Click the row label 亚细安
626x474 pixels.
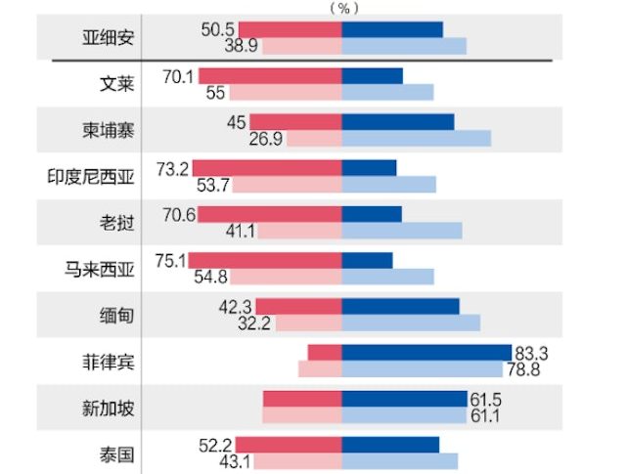[109, 38]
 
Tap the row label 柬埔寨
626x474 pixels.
[109, 130]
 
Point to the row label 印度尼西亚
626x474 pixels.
[91, 176]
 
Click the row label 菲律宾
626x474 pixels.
[109, 361]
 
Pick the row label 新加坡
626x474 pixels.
[109, 407]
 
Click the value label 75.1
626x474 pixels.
[171, 261]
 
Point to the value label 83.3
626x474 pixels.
[529, 353]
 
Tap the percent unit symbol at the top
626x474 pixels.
[342, 8]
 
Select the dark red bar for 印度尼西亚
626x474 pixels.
[266, 168]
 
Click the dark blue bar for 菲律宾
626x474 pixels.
[426, 352]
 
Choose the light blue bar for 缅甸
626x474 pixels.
[411, 323]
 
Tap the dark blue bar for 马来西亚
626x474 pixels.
[367, 261]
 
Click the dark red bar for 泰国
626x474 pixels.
[289, 445]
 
